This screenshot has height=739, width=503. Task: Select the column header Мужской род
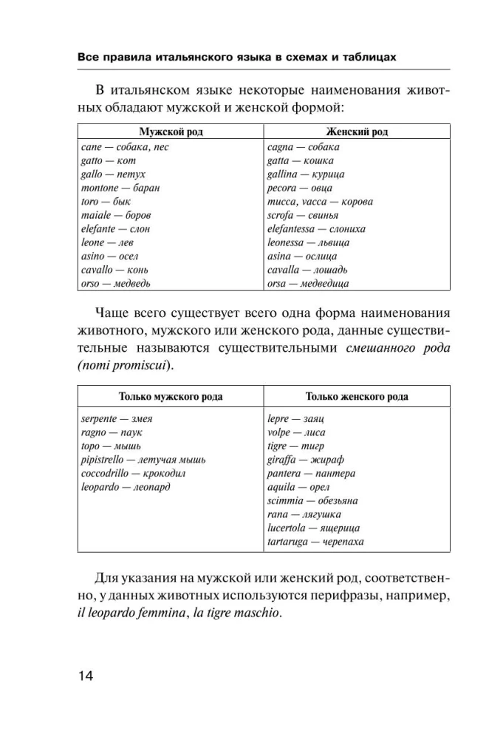point(171,132)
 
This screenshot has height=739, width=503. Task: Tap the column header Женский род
point(357,132)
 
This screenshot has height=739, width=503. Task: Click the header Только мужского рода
point(171,397)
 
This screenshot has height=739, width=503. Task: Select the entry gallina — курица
point(306,174)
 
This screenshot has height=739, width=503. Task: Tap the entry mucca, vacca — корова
point(320,201)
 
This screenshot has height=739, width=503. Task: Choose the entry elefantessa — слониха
point(316,228)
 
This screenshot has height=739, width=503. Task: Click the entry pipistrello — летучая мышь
point(143,460)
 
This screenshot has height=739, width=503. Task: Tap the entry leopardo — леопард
point(125,487)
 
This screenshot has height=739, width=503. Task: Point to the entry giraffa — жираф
point(302,460)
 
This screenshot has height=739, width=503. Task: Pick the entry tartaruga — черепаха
point(315,542)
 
